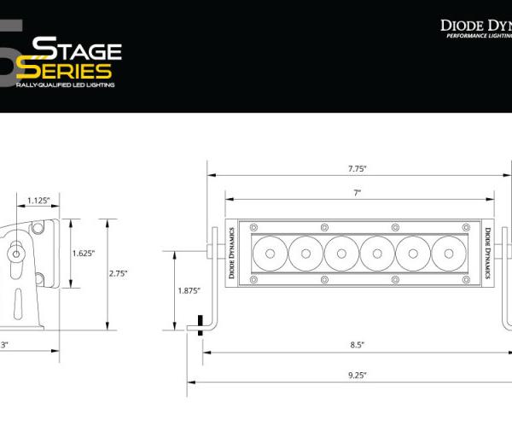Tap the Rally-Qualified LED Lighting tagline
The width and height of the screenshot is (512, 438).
[66, 85]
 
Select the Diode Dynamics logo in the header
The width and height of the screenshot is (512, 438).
[475, 27]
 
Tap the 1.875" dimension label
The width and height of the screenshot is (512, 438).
[188, 291]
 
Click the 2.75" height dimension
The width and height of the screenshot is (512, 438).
[118, 273]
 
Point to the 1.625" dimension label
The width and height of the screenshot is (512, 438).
[83, 253]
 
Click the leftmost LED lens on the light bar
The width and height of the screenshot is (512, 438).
[269, 253]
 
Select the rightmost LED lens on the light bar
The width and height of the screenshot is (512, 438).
[447, 253]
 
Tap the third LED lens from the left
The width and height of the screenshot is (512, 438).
[340, 253]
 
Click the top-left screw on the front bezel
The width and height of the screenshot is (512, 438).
[253, 226]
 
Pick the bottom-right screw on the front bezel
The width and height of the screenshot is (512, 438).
[465, 279]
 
